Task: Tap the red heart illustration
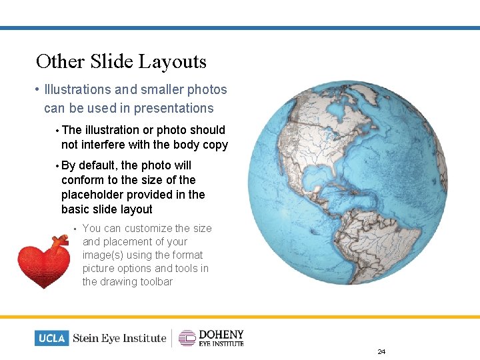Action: point(43,263)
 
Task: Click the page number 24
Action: point(381,351)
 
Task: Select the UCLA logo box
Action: point(51,338)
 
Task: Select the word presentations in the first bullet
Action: point(173,108)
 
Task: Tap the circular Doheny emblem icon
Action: point(187,338)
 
